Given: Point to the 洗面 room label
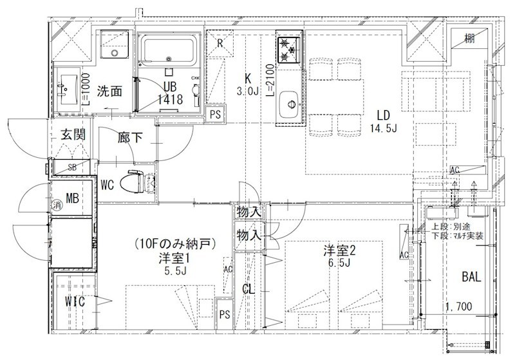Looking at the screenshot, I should tap(109, 91).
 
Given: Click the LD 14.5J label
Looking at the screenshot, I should tap(384, 121).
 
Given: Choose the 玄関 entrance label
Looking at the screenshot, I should tap(71, 135).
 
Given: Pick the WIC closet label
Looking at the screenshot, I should tap(75, 301).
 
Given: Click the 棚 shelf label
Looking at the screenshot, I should tap(471, 39).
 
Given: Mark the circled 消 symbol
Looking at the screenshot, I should tap(56, 205).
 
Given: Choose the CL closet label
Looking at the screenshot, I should tap(248, 289).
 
